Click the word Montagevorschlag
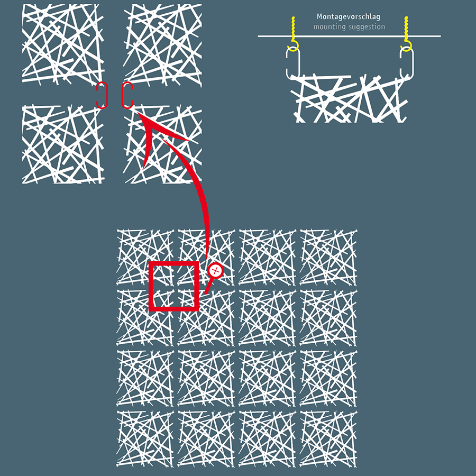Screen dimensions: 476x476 click(x=348, y=17)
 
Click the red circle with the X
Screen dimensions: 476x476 click(x=216, y=270)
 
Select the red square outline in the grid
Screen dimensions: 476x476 click(x=151, y=286)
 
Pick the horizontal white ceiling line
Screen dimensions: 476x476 click(x=349, y=36)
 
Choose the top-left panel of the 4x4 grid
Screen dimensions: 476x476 click(x=145, y=258)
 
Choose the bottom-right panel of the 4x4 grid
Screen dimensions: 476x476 click(x=328, y=439)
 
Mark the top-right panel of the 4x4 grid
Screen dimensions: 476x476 click(x=328, y=258)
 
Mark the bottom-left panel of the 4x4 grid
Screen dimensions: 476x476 click(x=145, y=439)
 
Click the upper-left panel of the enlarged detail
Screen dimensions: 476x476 click(x=63, y=44)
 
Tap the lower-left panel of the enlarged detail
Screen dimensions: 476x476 click(x=63, y=144)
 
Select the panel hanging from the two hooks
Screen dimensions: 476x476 click(x=349, y=99)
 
